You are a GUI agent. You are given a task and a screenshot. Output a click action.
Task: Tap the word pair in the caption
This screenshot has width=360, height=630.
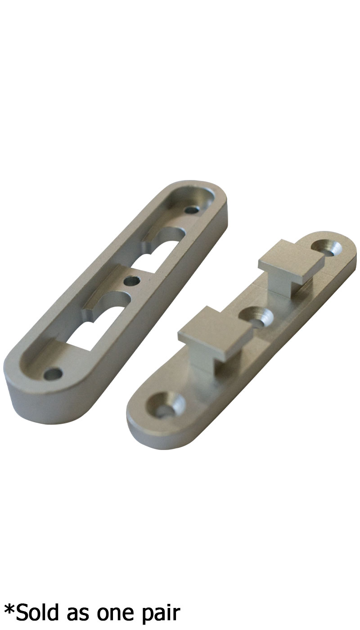161,613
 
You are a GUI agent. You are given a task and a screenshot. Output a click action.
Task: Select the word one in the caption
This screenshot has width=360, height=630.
117,613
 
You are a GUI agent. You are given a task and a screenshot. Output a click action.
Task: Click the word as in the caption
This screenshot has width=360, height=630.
77,613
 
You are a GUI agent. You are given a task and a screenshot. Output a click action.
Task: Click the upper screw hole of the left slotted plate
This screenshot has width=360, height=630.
193,209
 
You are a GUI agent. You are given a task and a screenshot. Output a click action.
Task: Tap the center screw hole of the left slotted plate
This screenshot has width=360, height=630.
131,280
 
